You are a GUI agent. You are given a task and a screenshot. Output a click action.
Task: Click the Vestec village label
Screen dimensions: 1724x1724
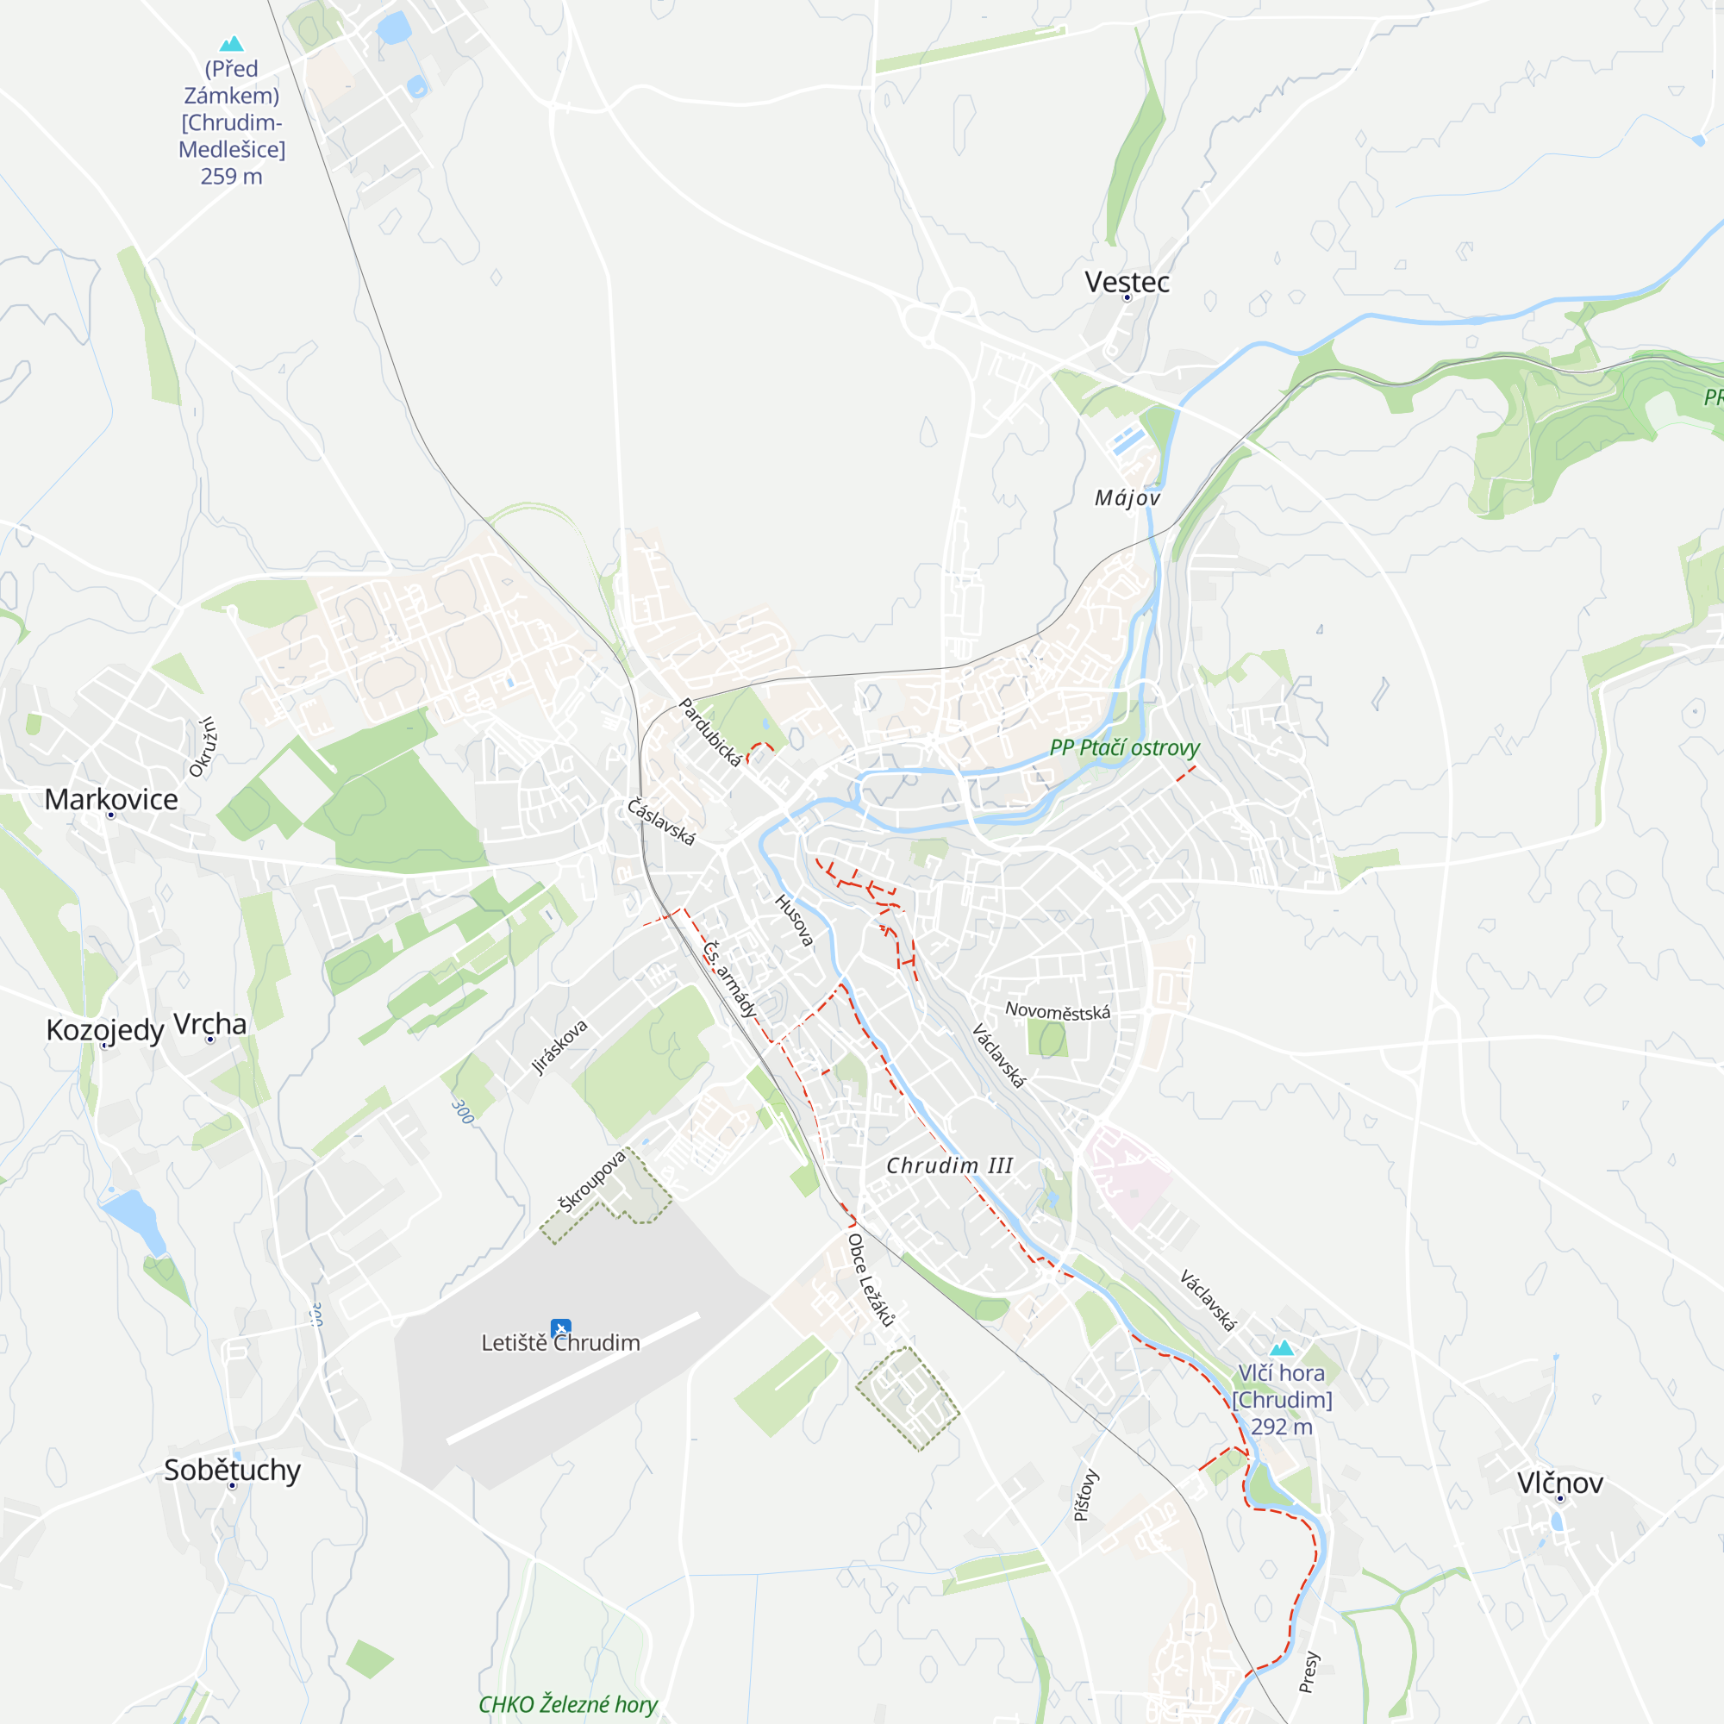1127,282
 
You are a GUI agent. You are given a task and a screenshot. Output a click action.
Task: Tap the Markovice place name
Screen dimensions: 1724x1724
111,799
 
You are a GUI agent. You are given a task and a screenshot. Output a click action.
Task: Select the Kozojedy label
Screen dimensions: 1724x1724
104,1030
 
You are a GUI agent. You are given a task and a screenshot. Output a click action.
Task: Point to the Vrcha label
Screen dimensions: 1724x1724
209,1023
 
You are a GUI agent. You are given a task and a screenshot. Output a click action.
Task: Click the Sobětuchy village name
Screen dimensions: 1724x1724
232,1469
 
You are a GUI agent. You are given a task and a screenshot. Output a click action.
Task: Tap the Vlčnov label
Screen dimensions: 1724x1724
1560,1482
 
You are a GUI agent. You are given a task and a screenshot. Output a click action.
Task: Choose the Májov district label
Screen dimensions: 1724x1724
1127,498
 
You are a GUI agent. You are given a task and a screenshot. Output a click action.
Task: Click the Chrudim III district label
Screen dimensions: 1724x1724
949,1165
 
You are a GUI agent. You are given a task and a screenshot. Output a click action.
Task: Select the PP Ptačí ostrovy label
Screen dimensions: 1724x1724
1124,747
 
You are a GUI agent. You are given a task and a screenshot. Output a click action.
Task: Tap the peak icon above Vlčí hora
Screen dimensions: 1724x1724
1282,1347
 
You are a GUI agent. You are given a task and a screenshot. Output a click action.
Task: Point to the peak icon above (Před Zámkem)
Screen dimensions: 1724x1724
232,43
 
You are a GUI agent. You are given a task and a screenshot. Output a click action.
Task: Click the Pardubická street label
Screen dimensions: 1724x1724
710,732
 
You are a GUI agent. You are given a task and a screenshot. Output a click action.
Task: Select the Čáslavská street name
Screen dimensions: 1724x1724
660,821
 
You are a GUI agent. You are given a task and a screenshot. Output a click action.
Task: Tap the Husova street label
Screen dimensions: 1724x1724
794,920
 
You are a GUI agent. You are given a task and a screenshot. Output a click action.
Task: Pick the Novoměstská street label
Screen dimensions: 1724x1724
1058,1011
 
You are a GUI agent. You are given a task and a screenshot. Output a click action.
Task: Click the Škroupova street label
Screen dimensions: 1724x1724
592,1182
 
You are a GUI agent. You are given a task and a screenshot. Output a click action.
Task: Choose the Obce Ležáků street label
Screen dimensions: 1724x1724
870,1279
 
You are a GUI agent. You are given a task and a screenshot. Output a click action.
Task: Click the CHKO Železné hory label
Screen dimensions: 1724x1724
567,1703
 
